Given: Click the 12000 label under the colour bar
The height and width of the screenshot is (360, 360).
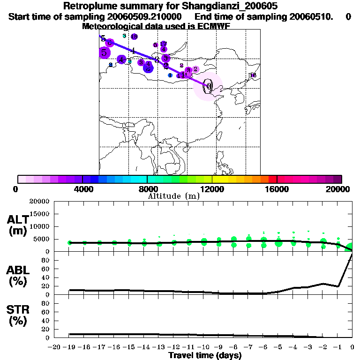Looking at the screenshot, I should coord(212,189).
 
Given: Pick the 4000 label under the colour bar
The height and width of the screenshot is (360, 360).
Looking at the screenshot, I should coord(82,189).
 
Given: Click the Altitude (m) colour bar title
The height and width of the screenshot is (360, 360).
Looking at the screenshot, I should coord(173,196).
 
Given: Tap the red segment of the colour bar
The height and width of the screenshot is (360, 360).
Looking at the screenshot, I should coord(272,179).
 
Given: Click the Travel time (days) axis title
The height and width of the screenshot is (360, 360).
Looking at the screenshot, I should coord(205,355).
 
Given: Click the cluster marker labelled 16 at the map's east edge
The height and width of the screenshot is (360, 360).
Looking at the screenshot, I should coord(253,75).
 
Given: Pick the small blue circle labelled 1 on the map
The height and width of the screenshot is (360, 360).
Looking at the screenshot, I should coord(170,75).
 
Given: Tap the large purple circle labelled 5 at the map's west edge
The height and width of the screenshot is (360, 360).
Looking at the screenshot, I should coord(104,52).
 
